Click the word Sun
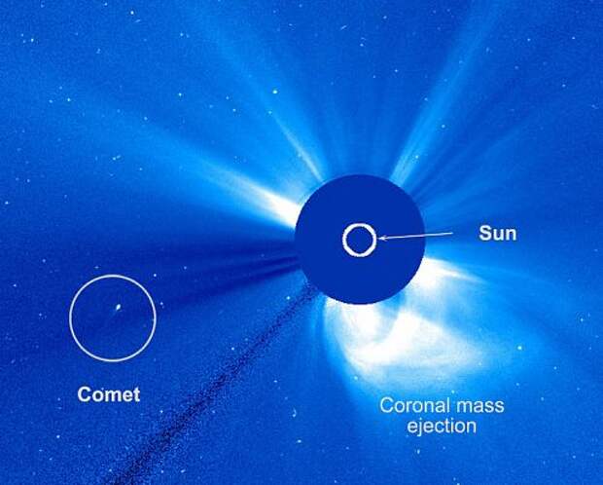tap(498, 234)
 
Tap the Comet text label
tap(109, 394)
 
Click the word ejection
tap(442, 427)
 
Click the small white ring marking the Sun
tap(359, 225)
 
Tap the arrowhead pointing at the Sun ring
tap(381, 238)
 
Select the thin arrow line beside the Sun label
tap(415, 236)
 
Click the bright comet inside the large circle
tap(118, 308)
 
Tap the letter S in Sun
tap(485, 234)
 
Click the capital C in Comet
tap(84, 394)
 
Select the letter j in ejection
tap(421, 428)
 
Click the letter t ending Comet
tap(137, 395)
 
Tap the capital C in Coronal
tap(387, 406)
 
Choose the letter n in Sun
tap(511, 236)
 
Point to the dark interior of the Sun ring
tap(359, 241)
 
